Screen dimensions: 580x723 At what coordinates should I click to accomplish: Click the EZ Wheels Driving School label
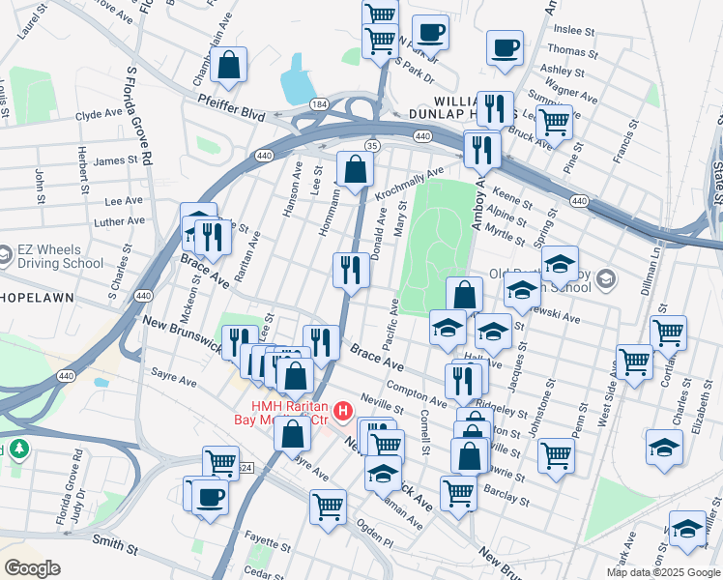(60, 256)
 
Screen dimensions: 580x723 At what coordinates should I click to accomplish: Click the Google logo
(32, 568)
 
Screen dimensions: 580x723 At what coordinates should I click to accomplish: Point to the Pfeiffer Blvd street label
(231, 114)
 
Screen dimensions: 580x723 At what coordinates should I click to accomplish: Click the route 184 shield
(318, 103)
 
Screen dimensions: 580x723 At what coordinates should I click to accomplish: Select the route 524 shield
(246, 468)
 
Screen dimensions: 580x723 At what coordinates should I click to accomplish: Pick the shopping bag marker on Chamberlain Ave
(229, 67)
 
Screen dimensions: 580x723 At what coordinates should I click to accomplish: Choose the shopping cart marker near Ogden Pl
(328, 506)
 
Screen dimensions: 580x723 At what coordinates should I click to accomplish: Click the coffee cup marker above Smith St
(209, 499)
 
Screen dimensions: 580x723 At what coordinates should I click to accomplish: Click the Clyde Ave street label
(99, 114)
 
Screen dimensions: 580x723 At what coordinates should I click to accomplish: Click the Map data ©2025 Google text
(662, 571)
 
